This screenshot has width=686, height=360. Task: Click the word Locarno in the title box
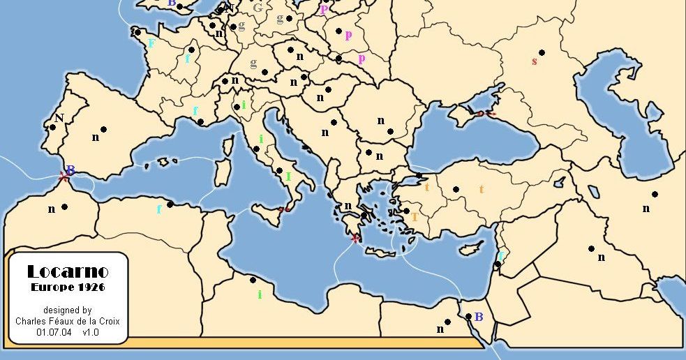[67, 271]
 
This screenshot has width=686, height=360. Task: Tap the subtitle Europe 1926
[67, 287]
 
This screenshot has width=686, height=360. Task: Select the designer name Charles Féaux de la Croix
[67, 322]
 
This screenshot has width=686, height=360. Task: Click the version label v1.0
[91, 333]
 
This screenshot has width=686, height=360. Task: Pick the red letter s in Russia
[535, 61]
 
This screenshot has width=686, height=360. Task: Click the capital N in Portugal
[59, 117]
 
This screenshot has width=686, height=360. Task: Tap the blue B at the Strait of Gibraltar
[70, 170]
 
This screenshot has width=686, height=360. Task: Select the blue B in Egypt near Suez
[479, 317]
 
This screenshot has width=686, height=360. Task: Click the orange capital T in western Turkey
[414, 217]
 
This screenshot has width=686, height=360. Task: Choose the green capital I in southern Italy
[288, 177]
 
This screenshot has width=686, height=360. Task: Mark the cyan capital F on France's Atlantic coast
[151, 43]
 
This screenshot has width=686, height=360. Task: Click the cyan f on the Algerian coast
[159, 209]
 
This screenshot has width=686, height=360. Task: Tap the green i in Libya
[260, 294]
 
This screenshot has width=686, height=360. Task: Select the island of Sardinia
[222, 172]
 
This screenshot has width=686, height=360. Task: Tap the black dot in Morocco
[64, 207]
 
